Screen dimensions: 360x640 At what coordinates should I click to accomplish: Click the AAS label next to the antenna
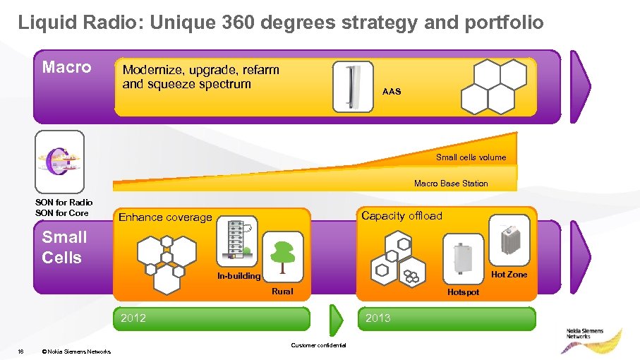391,92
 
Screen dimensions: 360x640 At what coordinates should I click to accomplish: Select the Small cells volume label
471,157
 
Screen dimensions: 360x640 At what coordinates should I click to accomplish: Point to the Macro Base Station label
451,184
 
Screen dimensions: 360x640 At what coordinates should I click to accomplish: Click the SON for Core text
64,213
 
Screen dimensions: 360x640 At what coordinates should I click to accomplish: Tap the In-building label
239,276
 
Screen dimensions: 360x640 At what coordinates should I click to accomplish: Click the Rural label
282,292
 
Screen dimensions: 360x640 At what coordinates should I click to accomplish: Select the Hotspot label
463,292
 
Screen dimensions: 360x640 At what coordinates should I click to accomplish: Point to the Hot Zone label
509,275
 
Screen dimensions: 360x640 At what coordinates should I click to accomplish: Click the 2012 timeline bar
212,318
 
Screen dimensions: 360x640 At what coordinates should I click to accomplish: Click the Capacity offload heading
401,216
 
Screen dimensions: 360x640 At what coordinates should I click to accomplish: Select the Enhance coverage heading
165,217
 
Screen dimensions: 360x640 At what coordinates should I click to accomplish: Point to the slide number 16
21,351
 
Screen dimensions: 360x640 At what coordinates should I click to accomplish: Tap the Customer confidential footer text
318,344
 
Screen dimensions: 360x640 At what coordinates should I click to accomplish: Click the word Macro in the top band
67,68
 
